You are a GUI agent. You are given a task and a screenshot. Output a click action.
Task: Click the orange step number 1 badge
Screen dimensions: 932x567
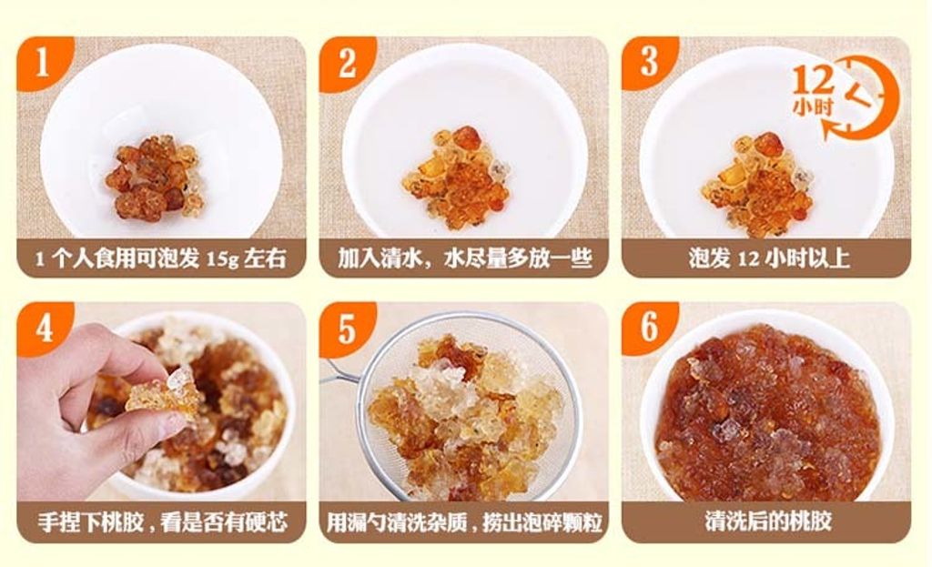point(42,63)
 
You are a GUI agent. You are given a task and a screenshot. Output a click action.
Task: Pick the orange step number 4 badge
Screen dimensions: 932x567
point(42,328)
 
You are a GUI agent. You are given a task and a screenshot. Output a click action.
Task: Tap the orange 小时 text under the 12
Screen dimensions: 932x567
point(813,107)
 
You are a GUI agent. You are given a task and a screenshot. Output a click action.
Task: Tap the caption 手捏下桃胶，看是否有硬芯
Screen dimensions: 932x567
point(162,522)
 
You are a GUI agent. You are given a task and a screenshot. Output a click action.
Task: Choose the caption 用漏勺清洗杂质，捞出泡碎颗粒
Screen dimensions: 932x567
point(464,522)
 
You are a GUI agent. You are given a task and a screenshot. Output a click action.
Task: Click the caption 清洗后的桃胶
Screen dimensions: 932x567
point(768,521)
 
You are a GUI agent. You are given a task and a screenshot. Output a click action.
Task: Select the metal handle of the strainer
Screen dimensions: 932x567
point(342,374)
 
